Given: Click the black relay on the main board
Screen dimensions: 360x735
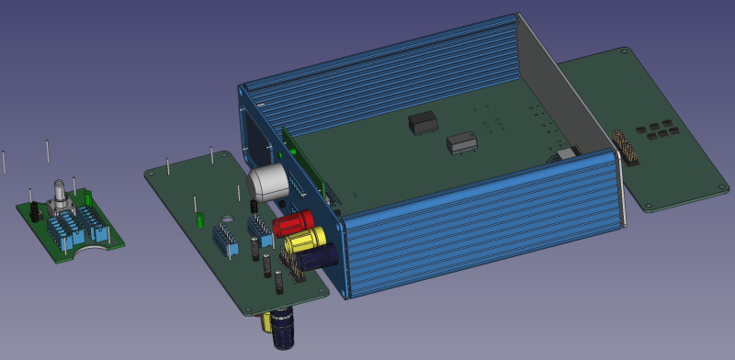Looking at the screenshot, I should [x=422, y=123].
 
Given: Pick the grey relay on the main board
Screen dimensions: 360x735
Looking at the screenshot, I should [x=461, y=143].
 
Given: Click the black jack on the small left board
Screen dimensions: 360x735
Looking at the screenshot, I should [x=33, y=210].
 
